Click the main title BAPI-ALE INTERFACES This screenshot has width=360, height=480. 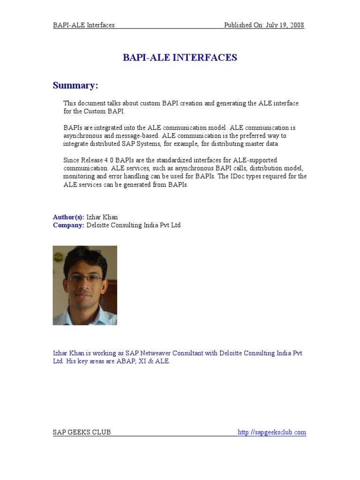pos(180,58)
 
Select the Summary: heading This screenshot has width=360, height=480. pos(75,85)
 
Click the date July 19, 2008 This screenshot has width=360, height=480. pos(286,25)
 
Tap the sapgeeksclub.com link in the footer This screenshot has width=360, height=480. pos(272,432)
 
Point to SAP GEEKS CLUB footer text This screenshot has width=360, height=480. pos(82,432)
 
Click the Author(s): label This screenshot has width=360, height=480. pos(68,217)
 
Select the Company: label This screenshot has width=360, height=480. pos(68,225)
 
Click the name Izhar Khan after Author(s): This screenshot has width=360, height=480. pos(102,217)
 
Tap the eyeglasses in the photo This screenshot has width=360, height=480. pos(85,277)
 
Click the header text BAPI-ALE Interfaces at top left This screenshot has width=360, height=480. pos(84,25)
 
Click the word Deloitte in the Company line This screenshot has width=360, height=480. pos(100,225)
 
